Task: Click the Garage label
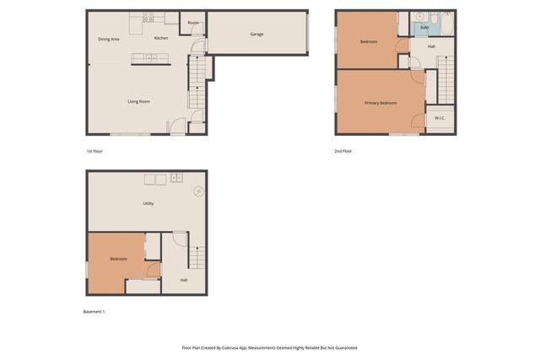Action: pos(256,35)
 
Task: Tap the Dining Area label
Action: pos(108,39)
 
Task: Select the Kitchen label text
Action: pos(161,38)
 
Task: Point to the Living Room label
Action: pos(138,101)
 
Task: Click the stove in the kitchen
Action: pos(148,17)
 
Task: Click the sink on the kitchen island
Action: pos(150,57)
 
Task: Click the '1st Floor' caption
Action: pos(94,151)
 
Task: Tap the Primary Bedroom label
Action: pos(381,103)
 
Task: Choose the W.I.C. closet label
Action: pos(440,118)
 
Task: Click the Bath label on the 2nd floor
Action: pos(424,28)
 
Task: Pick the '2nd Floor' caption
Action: pos(343,151)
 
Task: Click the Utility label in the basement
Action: pos(148,203)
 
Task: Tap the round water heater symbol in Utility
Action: pos(199,191)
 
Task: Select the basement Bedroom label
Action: pos(118,259)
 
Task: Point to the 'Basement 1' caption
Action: pos(94,312)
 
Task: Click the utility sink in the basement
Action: pos(176,178)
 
